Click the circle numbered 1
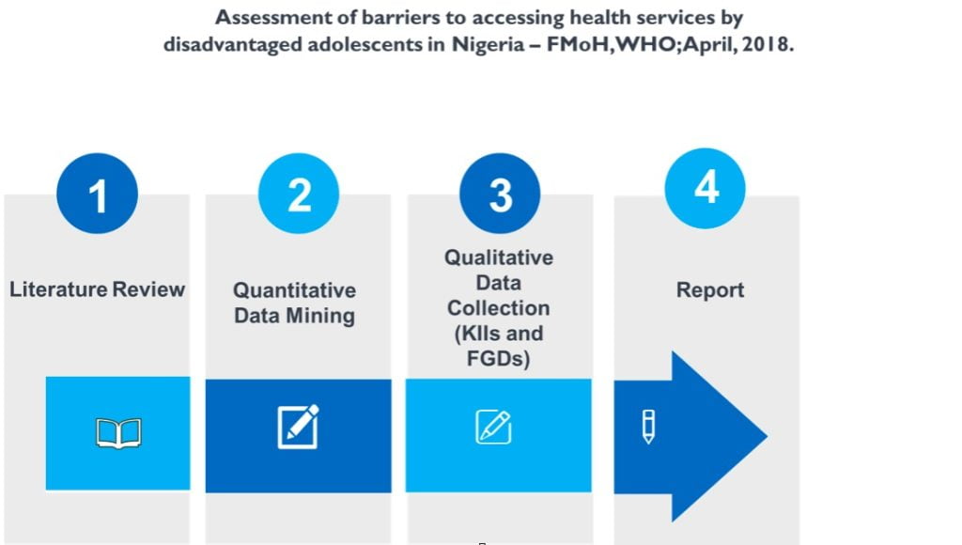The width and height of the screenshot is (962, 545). pos(97,194)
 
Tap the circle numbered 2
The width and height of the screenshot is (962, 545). pos(299,194)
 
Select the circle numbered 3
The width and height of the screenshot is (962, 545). pos(500,194)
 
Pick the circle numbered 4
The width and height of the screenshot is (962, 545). pos(706,188)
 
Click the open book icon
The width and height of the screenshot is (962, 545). pos(118,433)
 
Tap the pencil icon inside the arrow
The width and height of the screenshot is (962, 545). pos(648,427)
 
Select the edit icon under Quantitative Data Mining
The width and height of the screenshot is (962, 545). pos(299,427)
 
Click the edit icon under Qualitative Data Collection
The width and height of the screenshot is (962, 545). pos(493,427)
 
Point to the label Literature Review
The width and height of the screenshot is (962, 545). pos(97,288)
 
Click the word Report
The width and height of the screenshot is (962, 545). pos(709,290)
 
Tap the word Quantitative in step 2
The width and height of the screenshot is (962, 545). pos(294,290)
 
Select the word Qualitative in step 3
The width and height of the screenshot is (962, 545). pos(499,257)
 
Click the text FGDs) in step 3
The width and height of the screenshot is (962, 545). pos(499,358)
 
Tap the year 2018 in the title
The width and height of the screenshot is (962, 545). pos(768,45)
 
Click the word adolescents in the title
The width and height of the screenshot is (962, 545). pos(360,45)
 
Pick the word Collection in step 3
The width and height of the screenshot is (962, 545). pos(499,308)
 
